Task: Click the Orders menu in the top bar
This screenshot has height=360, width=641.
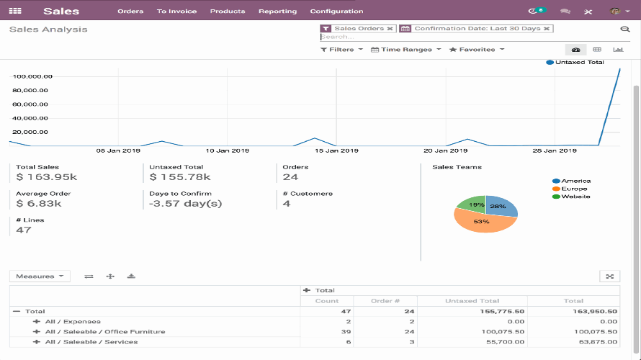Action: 130,12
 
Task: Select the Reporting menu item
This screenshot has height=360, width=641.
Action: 277,12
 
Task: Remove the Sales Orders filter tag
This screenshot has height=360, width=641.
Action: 390,29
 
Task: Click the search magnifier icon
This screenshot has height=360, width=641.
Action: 624,30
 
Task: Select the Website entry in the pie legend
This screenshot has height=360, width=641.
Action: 575,197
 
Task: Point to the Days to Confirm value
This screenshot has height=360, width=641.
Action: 185,204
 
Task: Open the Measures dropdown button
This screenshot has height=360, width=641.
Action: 40,276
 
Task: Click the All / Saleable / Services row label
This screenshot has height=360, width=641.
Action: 91,342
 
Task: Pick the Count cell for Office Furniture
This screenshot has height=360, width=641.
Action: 328,332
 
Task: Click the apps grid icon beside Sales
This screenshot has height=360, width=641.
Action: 15,12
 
